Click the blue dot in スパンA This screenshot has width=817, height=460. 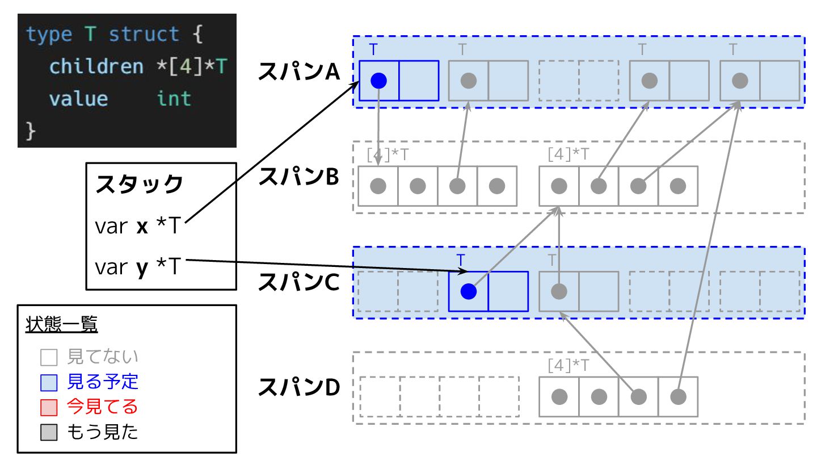(x=378, y=81)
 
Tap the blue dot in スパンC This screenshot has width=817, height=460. (x=468, y=291)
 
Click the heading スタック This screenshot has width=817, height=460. (x=140, y=185)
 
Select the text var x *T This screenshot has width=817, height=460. (x=137, y=227)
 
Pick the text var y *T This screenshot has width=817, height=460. (x=137, y=266)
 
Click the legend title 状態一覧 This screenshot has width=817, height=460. (x=62, y=325)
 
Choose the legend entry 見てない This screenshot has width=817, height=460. (x=102, y=357)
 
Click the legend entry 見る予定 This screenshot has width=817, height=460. (x=102, y=382)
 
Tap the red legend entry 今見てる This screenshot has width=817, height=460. (x=102, y=407)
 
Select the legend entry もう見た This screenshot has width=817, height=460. (x=102, y=432)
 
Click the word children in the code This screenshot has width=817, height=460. (x=96, y=66)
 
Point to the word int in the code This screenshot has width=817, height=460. (x=174, y=99)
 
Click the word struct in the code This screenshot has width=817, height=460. (x=144, y=35)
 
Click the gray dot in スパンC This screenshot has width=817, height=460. (x=559, y=291)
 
